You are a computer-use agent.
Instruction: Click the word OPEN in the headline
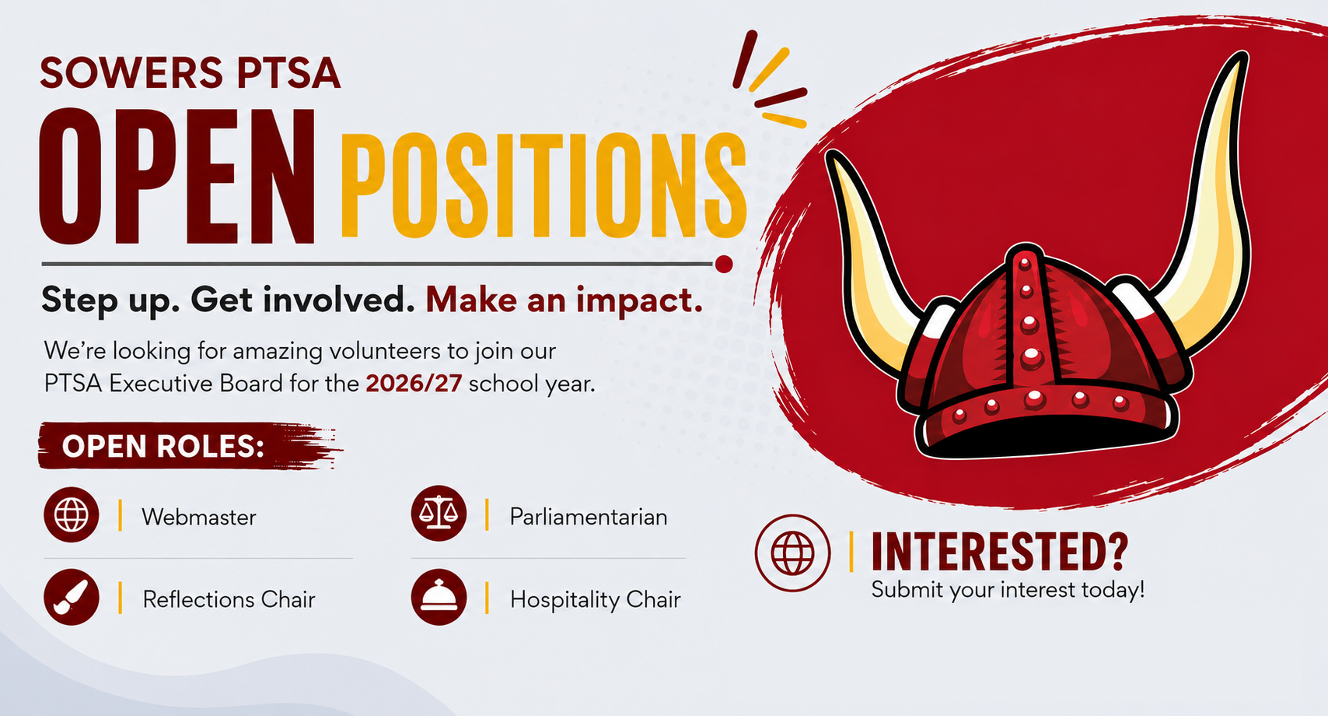pos(176,176)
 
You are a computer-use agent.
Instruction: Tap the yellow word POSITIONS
pos(543,184)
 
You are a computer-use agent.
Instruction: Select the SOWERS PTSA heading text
pos(190,73)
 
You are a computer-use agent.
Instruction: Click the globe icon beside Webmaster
pos(72,514)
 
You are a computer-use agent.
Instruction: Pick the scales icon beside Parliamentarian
pos(439,513)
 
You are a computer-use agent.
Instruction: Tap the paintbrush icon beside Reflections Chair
pos(72,597)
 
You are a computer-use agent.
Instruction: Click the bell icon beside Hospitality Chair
pos(439,597)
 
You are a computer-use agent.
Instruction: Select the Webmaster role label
pos(198,518)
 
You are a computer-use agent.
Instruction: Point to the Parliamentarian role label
pos(588,517)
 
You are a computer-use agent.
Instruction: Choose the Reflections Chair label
pos(229,599)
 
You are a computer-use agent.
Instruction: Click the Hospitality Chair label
pos(596,600)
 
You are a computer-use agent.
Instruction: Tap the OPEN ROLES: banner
pos(190,446)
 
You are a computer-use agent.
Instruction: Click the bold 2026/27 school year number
pos(414,384)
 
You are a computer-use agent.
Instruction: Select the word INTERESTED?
pos(1000,552)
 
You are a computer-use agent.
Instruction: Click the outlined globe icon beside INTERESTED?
pos(792,553)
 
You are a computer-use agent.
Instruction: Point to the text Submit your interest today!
pos(1008,590)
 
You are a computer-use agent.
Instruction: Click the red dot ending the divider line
pos(724,264)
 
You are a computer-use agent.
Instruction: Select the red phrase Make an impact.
pos(564,300)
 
